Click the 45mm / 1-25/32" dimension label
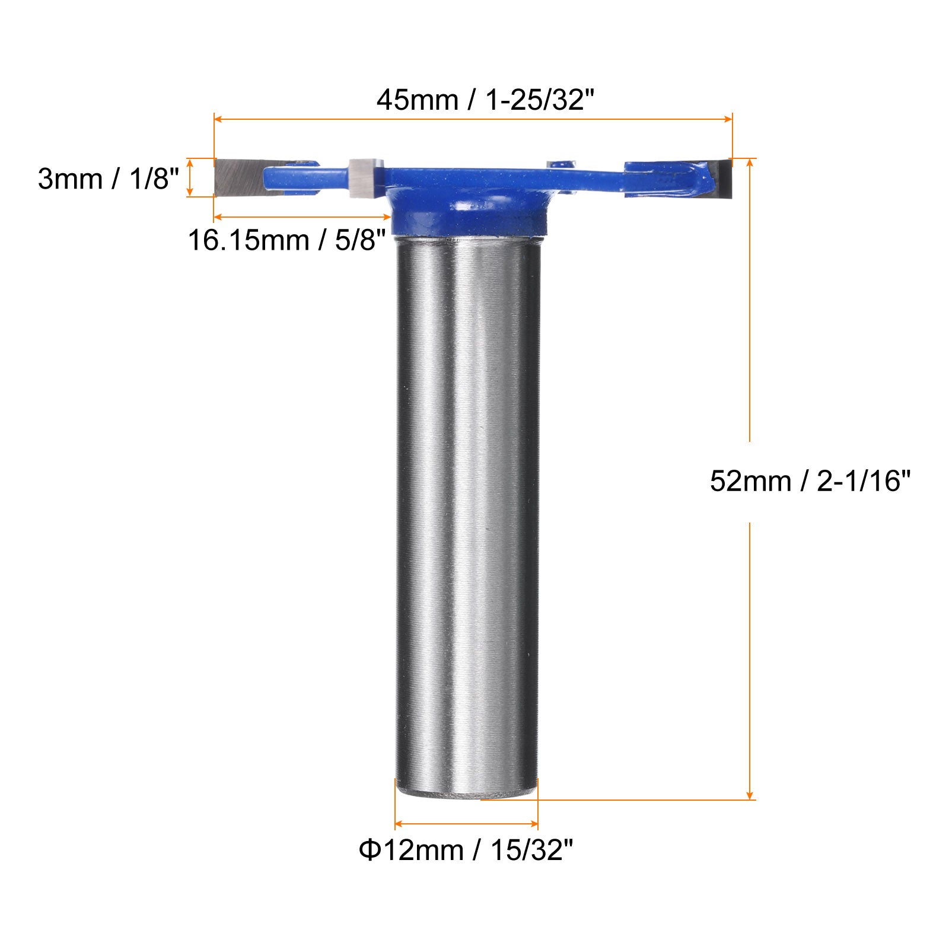[485, 99]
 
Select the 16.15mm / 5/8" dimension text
[287, 241]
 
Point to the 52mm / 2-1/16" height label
[810, 480]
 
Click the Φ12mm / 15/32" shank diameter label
[466, 851]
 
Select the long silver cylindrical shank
[467, 516]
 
